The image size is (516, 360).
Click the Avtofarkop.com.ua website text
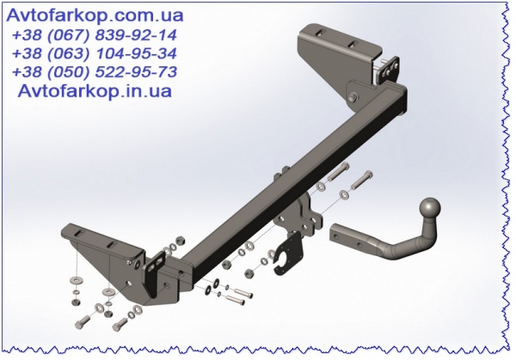pyautogui.click(x=95, y=15)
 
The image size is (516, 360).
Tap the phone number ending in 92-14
pyautogui.click(x=95, y=35)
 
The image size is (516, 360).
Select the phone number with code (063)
pyautogui.click(x=95, y=53)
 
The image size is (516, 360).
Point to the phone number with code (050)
pyautogui.click(x=95, y=72)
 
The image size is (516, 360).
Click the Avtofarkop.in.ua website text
pyautogui.click(x=95, y=90)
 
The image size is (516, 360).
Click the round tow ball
pyautogui.click(x=430, y=208)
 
